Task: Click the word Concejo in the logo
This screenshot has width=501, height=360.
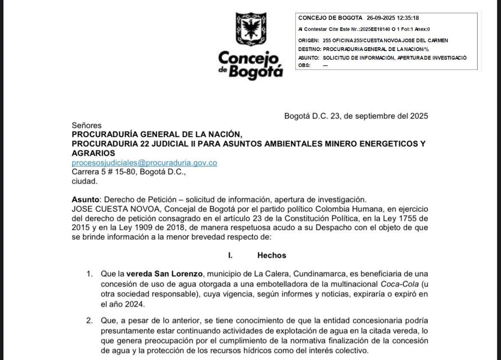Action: coord(249,59)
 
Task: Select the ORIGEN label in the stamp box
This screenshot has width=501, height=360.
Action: coord(308,40)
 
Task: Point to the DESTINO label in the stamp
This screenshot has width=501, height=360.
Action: coord(309,49)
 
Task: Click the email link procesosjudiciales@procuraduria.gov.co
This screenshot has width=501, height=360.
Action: coord(144,163)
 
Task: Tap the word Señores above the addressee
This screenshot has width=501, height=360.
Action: coord(86,126)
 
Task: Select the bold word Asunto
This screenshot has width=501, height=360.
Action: coord(86,200)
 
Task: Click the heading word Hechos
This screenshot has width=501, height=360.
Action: coord(271,255)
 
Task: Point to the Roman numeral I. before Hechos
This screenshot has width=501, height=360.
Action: coord(230,255)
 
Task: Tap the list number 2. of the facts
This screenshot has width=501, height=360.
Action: coord(89,321)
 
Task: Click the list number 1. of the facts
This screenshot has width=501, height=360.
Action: coord(89,273)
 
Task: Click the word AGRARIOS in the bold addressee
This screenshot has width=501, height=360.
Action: coord(93,153)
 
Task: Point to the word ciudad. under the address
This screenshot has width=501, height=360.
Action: coord(84,181)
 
